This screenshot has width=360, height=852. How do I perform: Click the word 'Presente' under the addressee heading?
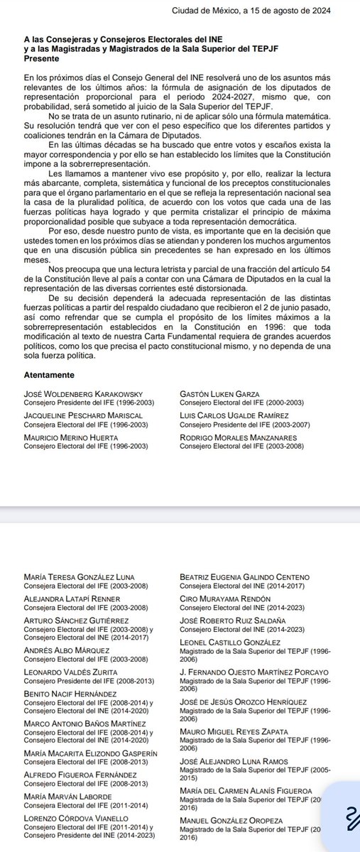pyautogui.click(x=41, y=60)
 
